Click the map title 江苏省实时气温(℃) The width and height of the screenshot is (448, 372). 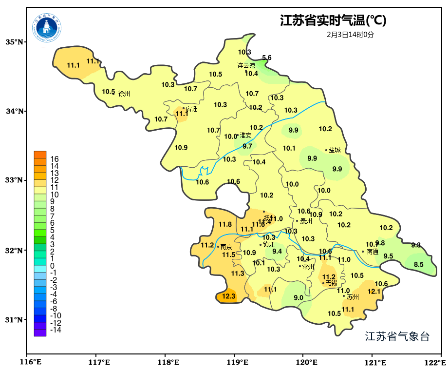(x=333, y=20)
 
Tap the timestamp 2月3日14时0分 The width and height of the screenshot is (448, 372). (x=351, y=35)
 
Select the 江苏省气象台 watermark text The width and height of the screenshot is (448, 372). (x=397, y=336)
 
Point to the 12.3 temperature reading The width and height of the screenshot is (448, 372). (x=228, y=296)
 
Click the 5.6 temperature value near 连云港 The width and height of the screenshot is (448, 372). (x=267, y=58)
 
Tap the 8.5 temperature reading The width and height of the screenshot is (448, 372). (x=419, y=265)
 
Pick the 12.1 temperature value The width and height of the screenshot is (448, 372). (x=374, y=292)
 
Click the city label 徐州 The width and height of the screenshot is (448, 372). (x=124, y=94)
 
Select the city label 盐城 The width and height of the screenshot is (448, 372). (x=335, y=150)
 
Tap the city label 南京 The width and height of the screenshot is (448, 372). (x=226, y=247)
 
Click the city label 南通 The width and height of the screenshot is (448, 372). (x=373, y=252)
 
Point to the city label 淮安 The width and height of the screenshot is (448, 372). (x=245, y=135)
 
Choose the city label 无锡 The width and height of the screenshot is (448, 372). (x=331, y=283)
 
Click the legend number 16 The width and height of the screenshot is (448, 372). (x=55, y=159)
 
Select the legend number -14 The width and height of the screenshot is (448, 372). (x=56, y=330)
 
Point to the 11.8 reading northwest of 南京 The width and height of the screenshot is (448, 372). (x=225, y=225)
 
